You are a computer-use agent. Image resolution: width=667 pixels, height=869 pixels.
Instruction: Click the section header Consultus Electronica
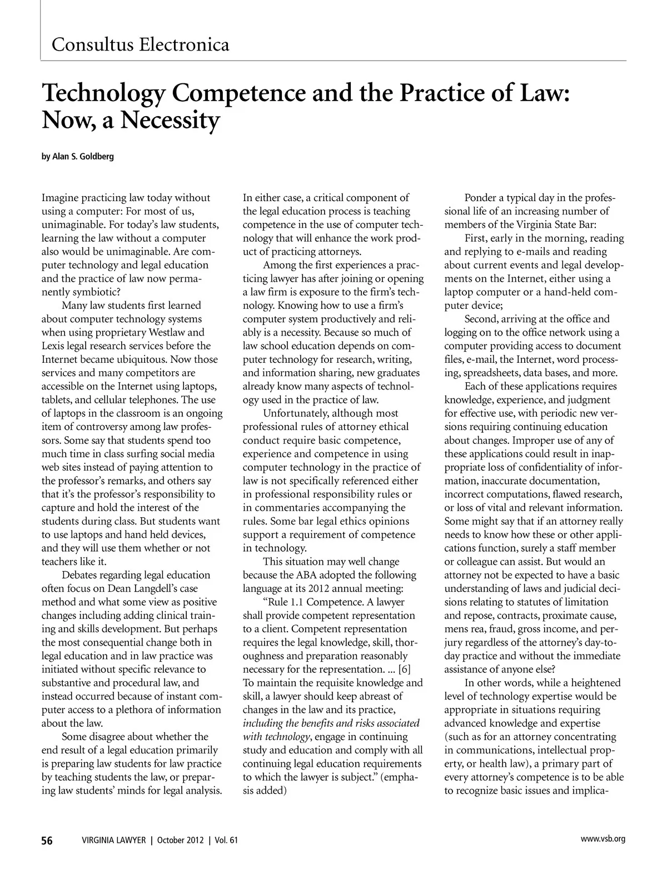[x=140, y=44]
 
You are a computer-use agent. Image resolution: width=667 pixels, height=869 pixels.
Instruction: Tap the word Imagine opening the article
[x=61, y=198]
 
